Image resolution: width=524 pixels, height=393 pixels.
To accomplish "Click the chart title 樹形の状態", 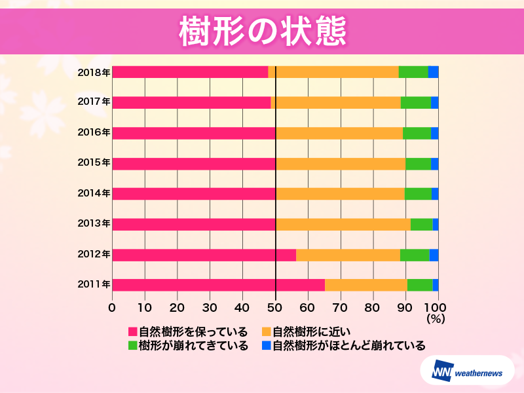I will point(262,31).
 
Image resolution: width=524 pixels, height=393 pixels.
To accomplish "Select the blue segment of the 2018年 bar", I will point(433,72).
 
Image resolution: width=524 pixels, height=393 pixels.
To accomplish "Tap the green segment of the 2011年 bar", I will point(420,284).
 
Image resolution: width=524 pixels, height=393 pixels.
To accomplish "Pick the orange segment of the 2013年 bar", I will point(343,224).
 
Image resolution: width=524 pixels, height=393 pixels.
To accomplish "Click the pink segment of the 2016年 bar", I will point(193,133).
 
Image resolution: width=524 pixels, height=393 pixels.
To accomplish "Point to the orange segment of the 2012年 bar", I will point(348,254).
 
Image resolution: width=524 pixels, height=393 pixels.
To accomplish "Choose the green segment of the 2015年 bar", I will point(418,163).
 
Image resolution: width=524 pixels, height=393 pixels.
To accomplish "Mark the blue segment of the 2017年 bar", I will point(434,102).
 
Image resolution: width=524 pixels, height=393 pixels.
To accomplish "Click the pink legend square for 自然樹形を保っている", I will point(132,331).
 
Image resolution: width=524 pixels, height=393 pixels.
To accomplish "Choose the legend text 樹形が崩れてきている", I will point(193,345).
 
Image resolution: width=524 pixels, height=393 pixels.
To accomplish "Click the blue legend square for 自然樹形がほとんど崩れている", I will point(266,345).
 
